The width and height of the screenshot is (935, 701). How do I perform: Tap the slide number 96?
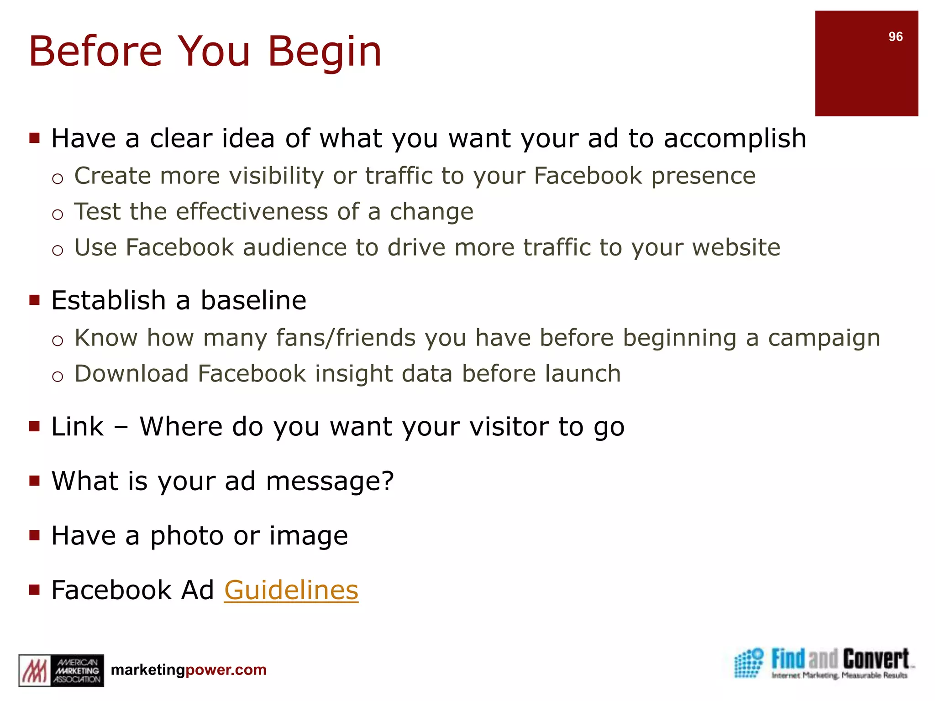(x=895, y=37)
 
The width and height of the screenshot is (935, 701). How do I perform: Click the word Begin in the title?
(x=324, y=52)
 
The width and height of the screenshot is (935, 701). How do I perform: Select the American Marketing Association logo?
(x=61, y=670)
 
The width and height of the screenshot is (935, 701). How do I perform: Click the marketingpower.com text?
(x=189, y=670)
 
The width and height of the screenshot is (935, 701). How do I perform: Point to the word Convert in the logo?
(x=876, y=659)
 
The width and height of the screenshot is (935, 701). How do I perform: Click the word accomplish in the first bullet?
(x=735, y=139)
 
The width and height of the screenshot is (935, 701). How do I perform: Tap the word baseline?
(x=253, y=300)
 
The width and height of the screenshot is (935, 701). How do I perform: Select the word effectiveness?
(x=252, y=211)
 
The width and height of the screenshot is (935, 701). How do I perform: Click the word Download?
(x=131, y=374)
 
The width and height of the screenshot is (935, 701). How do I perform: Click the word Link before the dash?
(x=77, y=427)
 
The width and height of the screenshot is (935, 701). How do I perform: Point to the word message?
(x=330, y=481)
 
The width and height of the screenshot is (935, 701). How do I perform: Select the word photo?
(x=187, y=536)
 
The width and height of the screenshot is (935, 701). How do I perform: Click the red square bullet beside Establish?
(x=35, y=300)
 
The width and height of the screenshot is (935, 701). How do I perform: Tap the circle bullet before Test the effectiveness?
(x=57, y=214)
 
